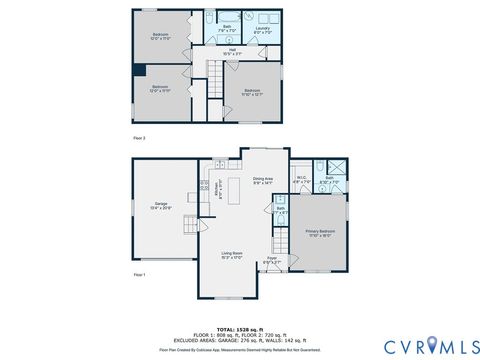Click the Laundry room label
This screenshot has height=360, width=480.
(262, 30)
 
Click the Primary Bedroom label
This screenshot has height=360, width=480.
(320, 233)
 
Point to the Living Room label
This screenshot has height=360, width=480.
(232, 256)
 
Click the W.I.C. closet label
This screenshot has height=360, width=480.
(301, 181)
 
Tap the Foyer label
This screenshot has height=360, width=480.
(270, 261)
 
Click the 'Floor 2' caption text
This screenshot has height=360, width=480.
(140, 137)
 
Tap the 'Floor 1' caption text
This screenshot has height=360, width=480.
(140, 273)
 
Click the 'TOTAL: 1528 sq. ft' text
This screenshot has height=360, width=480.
(239, 327)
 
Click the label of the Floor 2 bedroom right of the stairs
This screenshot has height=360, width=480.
(250, 92)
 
